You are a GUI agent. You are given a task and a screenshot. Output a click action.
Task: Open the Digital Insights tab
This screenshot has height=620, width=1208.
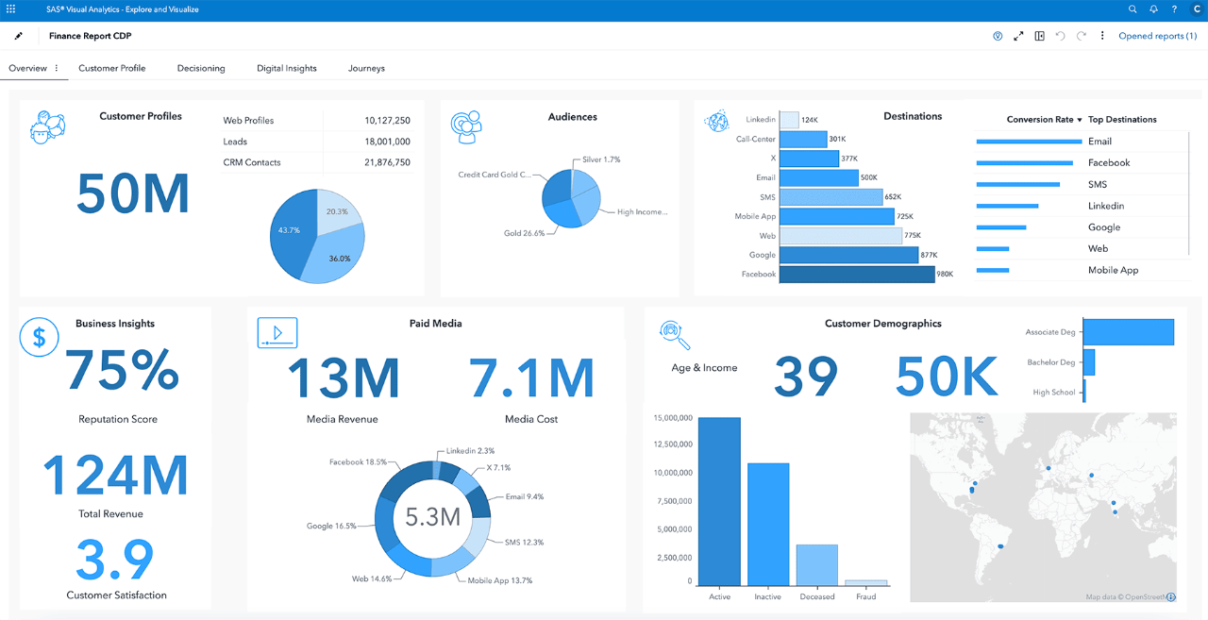287,68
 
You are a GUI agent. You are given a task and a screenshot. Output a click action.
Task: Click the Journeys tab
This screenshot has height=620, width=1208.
366,68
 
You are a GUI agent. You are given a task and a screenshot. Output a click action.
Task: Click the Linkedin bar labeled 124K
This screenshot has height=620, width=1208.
789,120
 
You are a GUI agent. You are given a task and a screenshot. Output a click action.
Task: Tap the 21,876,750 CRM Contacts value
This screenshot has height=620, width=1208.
387,162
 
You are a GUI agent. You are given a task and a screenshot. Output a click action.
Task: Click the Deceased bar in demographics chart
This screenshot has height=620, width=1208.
816,564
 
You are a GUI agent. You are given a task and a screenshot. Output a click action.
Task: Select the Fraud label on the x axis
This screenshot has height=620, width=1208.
865,596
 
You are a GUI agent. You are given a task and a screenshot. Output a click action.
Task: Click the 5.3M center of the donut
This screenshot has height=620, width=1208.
432,516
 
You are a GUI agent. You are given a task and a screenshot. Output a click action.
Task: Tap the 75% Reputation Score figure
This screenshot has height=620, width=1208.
122,370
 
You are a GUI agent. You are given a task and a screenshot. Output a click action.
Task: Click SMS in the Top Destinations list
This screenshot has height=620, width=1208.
1098,185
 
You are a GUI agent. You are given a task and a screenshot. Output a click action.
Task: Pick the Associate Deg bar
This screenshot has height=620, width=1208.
1129,332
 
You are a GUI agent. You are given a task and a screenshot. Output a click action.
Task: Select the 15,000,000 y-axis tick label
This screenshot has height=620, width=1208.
672,417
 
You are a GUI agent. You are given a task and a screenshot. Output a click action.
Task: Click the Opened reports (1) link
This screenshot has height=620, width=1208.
1157,36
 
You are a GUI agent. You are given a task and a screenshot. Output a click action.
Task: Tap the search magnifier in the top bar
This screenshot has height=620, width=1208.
1132,9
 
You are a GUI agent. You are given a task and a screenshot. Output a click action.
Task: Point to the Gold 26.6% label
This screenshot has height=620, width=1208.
524,233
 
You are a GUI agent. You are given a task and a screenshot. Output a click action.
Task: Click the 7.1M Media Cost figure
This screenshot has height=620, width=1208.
532,377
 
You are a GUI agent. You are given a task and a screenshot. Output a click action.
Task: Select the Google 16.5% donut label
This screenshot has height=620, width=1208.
331,526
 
